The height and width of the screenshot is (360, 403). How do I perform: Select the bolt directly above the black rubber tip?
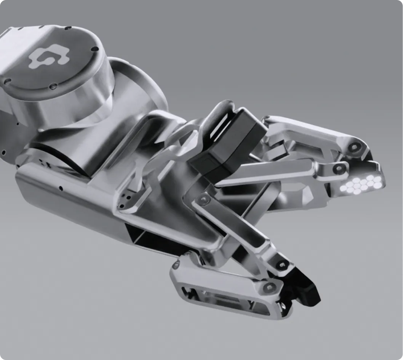(x=281, y=264)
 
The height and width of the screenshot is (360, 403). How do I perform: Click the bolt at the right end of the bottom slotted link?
(x=270, y=286)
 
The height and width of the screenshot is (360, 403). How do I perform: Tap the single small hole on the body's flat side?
(x=60, y=188)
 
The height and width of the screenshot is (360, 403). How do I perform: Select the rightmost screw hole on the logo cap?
(x=94, y=49)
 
